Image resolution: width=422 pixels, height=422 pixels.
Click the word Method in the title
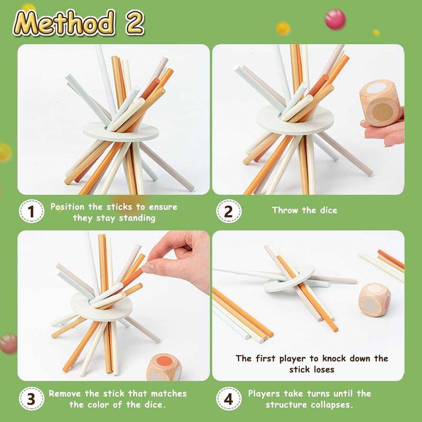pos(64,23)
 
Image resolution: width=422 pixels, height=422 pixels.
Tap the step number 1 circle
pos(31,211)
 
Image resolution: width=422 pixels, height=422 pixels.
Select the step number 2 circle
pos(228,211)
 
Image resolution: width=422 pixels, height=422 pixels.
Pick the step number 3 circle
pos(31,398)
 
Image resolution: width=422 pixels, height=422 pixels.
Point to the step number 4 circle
pos(228,398)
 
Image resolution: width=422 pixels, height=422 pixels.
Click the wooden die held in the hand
pos(380,104)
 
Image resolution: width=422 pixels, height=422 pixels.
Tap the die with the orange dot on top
pos(164,367)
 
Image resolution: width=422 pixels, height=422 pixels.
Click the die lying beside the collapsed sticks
pos(374,299)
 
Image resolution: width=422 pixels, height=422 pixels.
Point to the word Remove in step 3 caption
pos(65,394)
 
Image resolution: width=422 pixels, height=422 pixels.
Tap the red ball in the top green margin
pos(335,19)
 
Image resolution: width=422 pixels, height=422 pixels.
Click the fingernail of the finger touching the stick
pos(148,268)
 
